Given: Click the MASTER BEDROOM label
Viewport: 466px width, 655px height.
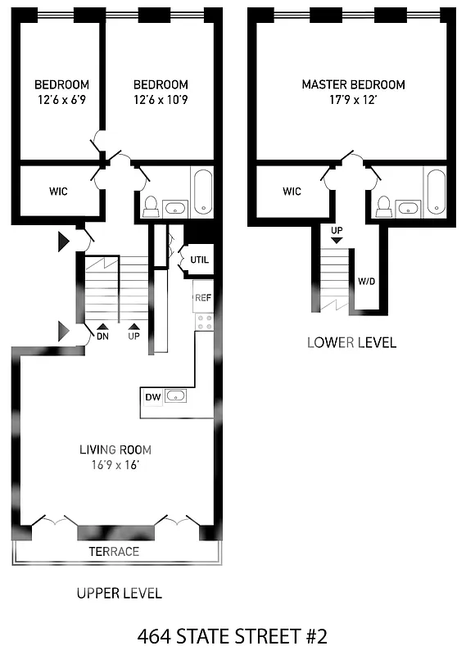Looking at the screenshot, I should pos(353,84).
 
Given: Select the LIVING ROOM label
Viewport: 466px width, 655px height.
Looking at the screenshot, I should pos(115,449).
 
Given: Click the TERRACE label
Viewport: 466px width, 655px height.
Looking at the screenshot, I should pos(114,551).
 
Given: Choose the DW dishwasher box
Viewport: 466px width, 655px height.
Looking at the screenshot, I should pos(152,397).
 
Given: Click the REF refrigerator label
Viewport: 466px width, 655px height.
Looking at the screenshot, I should pos(203,297).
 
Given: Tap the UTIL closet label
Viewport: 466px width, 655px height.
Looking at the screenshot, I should pos(199,260).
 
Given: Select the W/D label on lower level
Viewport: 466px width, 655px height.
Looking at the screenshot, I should pos(367,281).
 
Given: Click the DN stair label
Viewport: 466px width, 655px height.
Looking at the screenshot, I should pos(102,336).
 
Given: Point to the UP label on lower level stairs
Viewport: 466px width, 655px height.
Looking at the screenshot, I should pos(337,231).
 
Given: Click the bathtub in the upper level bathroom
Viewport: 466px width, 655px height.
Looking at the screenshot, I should pos(201,192).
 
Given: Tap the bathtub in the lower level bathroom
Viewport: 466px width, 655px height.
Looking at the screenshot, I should pos(436,192).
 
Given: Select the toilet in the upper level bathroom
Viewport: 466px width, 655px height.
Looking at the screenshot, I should pos(150,206).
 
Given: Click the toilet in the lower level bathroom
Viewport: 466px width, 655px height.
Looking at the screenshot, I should pos(384,206).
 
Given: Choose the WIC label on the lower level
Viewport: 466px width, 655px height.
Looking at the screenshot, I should pos(292,192).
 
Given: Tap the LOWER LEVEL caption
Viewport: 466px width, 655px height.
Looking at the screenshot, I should pos(351,342).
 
